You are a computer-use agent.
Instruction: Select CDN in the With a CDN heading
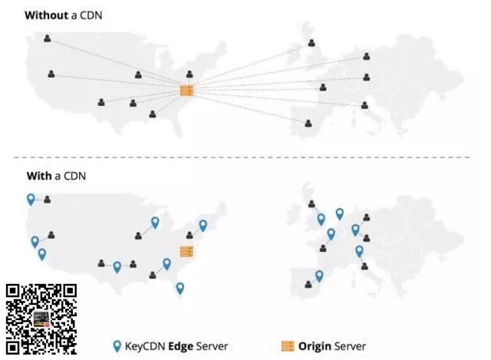75,176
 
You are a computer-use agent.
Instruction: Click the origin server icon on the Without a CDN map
186,91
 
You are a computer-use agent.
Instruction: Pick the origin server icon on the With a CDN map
186,251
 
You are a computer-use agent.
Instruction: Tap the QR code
41,318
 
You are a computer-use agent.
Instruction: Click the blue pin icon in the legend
117,346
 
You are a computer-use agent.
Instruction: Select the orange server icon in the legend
288,346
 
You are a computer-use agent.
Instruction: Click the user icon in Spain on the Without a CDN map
308,123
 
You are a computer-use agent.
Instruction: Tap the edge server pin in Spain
319,276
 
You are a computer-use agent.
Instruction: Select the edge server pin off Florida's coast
180,288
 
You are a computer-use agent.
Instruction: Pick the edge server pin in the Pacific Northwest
31,199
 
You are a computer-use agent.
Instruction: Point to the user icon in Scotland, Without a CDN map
311,43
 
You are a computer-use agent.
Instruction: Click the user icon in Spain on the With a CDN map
308,284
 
